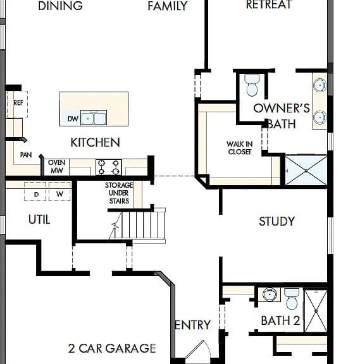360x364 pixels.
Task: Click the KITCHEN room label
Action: [95, 142]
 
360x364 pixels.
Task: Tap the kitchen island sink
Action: [94, 118]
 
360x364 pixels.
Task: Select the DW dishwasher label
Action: [73, 119]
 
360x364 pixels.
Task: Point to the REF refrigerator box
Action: [18, 104]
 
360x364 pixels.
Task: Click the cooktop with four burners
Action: [109, 167]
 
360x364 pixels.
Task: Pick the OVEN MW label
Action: [57, 166]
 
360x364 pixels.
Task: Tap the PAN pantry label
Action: [26, 155]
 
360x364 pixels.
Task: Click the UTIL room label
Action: [39, 219]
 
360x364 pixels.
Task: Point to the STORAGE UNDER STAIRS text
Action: [119, 193]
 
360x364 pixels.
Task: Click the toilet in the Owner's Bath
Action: [252, 85]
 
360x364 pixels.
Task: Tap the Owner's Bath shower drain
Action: [306, 171]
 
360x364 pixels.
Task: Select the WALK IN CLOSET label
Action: [240, 148]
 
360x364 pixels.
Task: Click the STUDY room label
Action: [276, 221]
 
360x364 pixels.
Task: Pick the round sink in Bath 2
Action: [270, 294]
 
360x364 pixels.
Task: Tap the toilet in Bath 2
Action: [292, 299]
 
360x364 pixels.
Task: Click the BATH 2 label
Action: [280, 321]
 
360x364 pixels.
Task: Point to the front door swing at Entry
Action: [199, 351]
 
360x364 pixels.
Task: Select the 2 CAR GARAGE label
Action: [112, 348]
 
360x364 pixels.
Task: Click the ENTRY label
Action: [193, 325]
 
